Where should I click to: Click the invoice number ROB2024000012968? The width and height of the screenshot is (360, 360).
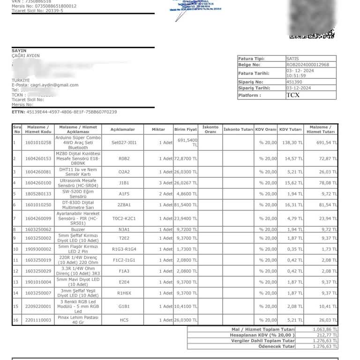307,65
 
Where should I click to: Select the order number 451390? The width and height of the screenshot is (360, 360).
294,82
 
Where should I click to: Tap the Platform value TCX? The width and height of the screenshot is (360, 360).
293,95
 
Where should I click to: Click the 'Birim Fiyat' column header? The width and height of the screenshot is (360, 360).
186,129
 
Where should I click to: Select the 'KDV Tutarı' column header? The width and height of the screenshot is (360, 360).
290,129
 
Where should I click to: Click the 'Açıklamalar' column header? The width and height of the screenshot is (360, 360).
122,129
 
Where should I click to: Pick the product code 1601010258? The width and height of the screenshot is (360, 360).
38,142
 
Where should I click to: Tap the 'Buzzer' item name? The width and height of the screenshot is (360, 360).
78,230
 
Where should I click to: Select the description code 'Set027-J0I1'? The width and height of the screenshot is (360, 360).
124,142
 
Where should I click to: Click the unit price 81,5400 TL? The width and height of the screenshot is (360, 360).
186,204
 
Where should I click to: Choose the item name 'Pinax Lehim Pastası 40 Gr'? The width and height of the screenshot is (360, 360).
78,320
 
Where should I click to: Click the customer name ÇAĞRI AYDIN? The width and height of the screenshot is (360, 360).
26,56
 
